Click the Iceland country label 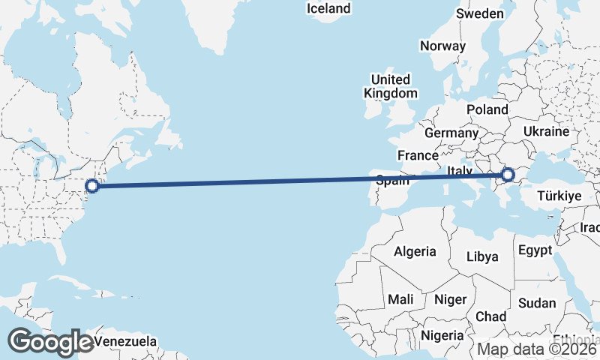tap(328, 8)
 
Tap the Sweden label tap(480, 14)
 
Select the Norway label tap(442, 46)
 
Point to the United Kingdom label tap(390, 86)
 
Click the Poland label tap(487, 109)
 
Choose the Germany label tap(451, 133)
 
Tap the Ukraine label tap(546, 131)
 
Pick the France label tap(418, 155)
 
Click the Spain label tap(392, 180)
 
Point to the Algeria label tap(415, 250)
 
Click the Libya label tap(482, 256)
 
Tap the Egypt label tap(535, 250)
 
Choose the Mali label tap(400, 299)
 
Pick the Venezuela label tap(126, 342)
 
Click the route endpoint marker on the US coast tap(92, 186)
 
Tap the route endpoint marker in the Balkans tap(508, 175)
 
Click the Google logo tap(51, 342)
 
